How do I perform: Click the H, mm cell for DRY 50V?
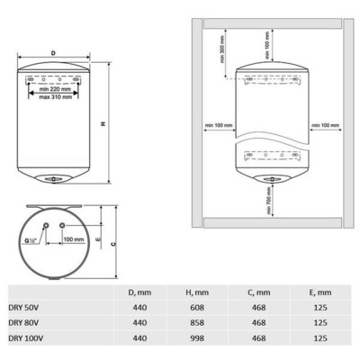point(197,308)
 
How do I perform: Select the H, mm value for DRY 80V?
point(197,323)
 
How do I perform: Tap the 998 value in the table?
point(197,338)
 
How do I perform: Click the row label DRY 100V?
point(26,338)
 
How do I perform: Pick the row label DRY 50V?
point(23,308)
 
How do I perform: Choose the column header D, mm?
point(139,292)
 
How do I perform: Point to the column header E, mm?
point(320,292)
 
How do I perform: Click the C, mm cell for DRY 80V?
point(258,323)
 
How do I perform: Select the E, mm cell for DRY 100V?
point(320,338)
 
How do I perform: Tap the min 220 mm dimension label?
point(55,89)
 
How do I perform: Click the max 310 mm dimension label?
point(56,97)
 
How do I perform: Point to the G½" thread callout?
point(31,240)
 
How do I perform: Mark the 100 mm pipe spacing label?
point(74,239)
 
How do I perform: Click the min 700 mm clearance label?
point(269,201)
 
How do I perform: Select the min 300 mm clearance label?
point(222,49)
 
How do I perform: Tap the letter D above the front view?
point(53,53)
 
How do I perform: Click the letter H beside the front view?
point(103,123)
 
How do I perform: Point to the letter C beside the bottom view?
point(113,244)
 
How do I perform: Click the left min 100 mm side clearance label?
point(219,125)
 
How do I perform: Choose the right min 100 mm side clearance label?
point(326,125)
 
